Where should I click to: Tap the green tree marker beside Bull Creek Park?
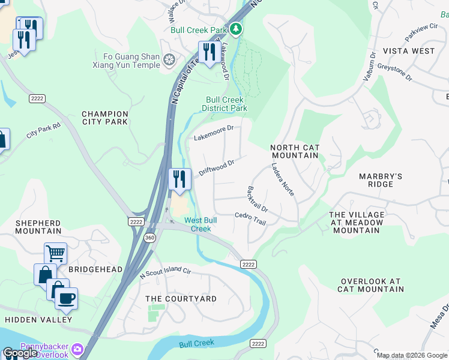pos(237,28)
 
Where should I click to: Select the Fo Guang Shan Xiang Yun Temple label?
pos(127,61)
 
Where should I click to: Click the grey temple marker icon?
pos(169,60)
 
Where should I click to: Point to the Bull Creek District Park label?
pos(224,104)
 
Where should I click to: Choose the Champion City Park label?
pos(105,118)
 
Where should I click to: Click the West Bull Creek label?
pos(200,224)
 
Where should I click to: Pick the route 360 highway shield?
pos(149,238)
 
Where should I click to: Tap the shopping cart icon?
pos(55,253)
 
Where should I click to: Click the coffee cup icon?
pos(66,298)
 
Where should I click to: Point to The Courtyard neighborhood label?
pos(181,299)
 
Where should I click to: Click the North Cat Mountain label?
pos(294,151)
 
